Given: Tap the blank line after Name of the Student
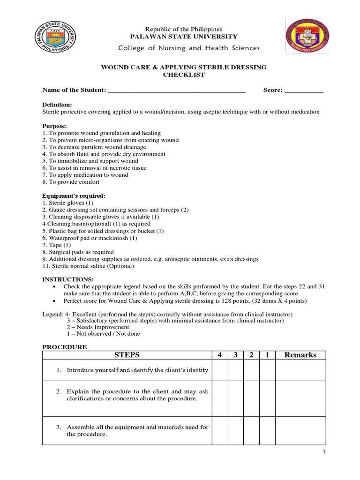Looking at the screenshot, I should [177, 90].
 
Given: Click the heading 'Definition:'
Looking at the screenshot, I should [57, 105].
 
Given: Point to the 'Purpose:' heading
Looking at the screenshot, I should [55, 126].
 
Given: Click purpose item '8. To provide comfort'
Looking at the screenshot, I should [71, 182].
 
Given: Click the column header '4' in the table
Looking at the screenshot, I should [219, 355].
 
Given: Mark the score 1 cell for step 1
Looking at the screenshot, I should [267, 370].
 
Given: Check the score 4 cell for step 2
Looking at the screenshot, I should [219, 398].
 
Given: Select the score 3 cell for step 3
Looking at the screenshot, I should [236, 430].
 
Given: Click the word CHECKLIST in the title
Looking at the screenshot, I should [184, 75].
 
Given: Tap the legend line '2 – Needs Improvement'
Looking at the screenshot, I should [97, 327].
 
